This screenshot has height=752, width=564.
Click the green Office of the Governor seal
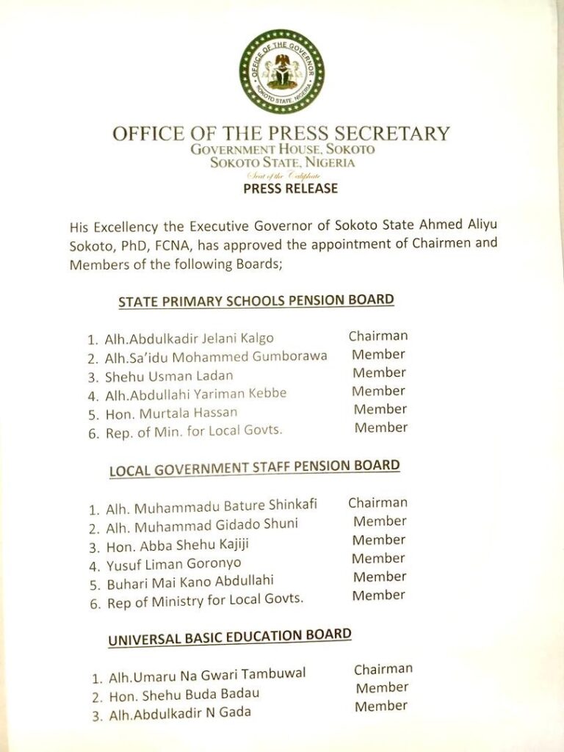(x=281, y=71)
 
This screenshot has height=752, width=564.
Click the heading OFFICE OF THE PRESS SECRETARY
(x=281, y=134)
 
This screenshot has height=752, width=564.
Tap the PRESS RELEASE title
(x=291, y=189)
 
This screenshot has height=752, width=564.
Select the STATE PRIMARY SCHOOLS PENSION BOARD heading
(x=256, y=300)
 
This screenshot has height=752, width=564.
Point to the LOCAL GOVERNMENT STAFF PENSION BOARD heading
(x=254, y=467)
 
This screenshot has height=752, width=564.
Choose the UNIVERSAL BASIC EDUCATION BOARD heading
(x=230, y=636)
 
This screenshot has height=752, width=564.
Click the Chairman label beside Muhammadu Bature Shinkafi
(x=377, y=503)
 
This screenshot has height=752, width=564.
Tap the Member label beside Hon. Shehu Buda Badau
(x=382, y=688)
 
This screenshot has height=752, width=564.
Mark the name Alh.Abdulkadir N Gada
(x=180, y=712)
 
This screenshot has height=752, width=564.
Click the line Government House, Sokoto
(x=283, y=149)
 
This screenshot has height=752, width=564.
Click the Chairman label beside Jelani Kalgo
(x=378, y=336)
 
